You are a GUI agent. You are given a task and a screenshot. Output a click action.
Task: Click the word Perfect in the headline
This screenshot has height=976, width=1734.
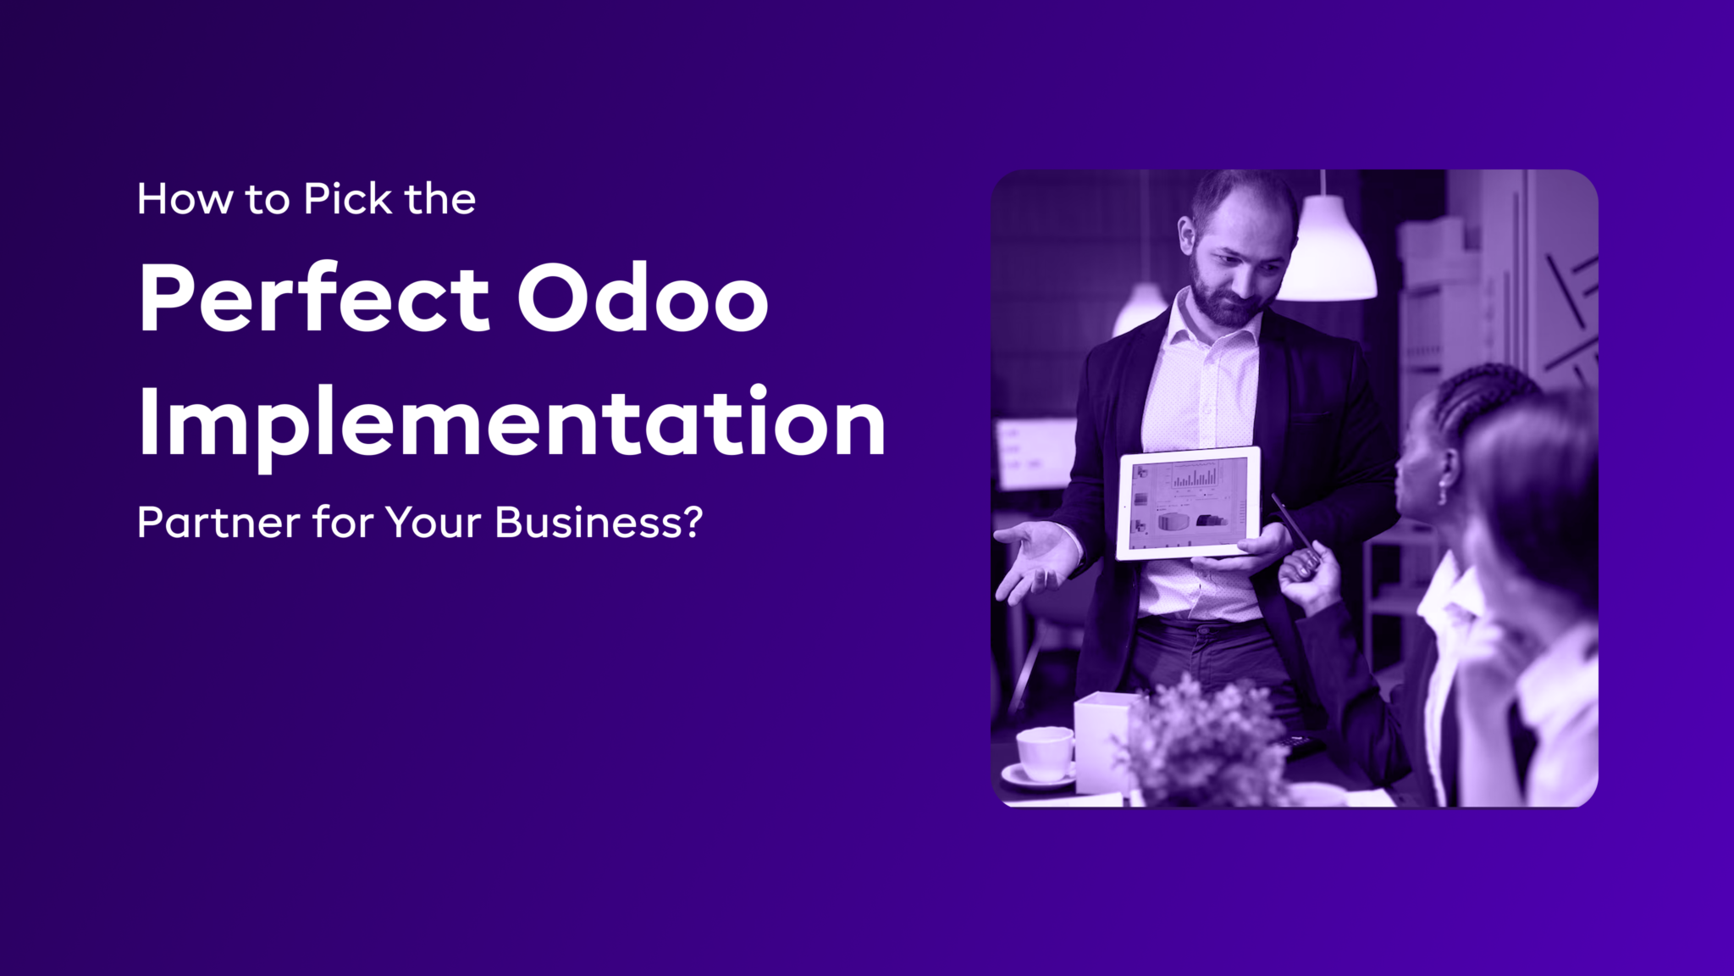(314, 298)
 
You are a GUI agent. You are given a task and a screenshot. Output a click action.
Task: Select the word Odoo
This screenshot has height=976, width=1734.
(643, 298)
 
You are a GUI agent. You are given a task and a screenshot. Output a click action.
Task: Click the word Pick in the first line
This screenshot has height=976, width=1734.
(348, 199)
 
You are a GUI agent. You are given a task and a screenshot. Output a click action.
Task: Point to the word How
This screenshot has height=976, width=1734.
(185, 200)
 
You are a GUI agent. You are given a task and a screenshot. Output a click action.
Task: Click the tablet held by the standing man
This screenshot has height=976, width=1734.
(1187, 503)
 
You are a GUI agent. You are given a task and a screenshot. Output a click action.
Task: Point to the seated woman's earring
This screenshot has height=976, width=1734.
(1443, 493)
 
